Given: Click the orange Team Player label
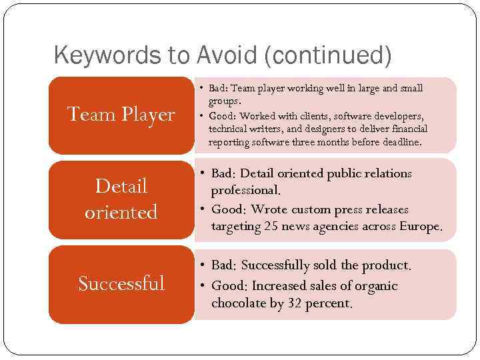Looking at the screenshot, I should pos(121,115).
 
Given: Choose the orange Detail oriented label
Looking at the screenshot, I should pos(121,199).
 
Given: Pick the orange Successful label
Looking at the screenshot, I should pos(121,283).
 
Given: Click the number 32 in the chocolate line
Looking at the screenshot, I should pos(296,303).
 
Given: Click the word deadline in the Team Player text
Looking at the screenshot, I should pos(401,143).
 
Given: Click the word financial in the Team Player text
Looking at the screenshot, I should pos(407,129).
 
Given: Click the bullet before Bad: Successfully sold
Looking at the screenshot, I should pos(203,266).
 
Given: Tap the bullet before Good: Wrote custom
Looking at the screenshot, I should pos(203,209).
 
